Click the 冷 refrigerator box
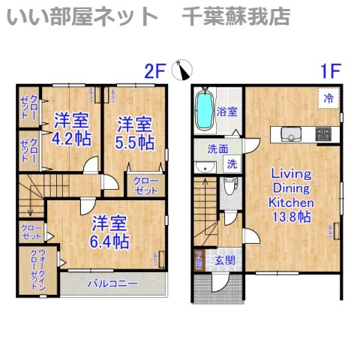point(328,98)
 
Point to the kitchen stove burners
point(323,134)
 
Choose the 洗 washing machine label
point(232,163)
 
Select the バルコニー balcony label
point(111,284)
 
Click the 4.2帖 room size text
point(71,139)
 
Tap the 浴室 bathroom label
point(228,112)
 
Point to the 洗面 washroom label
point(218,148)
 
